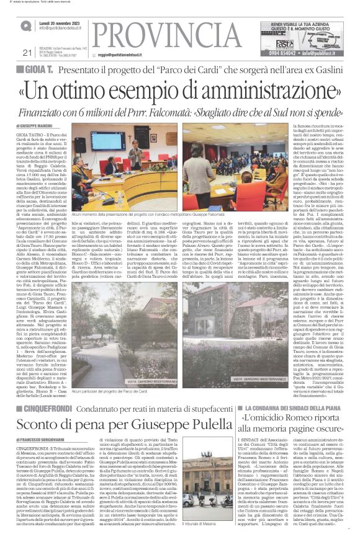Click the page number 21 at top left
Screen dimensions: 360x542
point(26,53)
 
